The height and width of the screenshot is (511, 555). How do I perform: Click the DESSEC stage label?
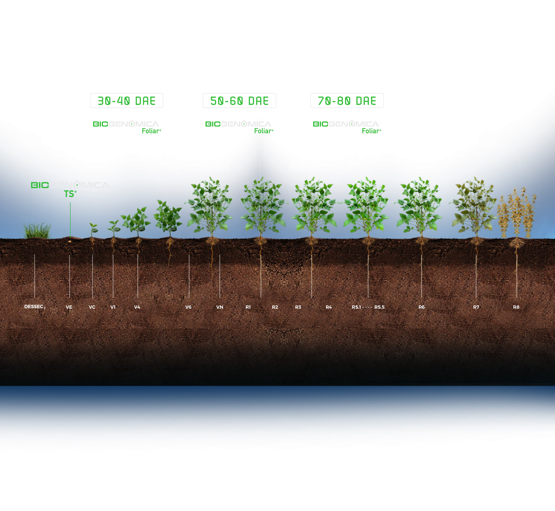[35, 307]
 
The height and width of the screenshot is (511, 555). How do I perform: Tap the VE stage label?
[69, 307]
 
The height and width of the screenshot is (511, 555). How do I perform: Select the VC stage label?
[92, 307]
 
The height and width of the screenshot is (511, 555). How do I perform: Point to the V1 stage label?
[113, 307]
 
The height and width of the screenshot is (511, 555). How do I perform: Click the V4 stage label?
[137, 307]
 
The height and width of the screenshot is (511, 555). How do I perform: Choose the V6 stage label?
[188, 307]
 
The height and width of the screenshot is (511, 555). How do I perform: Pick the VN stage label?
[220, 307]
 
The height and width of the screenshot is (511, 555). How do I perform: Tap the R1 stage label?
[248, 307]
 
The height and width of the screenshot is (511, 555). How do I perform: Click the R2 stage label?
[275, 307]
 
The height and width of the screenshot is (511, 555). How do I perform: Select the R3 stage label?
[298, 307]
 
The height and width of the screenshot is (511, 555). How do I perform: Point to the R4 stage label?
[329, 307]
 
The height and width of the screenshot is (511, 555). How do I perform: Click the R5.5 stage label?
[379, 307]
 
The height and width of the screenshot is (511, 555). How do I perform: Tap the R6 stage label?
[422, 307]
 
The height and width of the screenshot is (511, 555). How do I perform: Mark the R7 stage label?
[476, 307]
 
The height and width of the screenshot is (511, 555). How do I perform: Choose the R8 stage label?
[516, 307]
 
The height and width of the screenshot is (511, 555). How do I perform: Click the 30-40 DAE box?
[126, 101]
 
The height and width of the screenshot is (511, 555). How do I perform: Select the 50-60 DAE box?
[239, 101]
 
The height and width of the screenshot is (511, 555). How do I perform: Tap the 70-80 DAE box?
[347, 101]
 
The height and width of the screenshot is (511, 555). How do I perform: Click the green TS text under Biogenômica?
[70, 194]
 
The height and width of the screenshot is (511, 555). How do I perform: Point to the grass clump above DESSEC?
[37, 231]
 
